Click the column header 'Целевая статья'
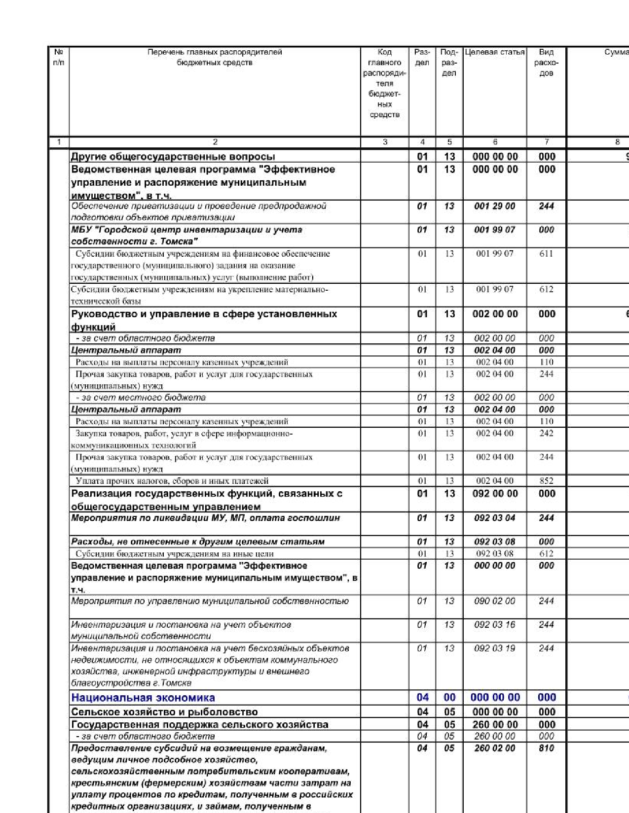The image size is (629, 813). [x=495, y=52]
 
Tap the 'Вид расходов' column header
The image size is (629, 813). [x=546, y=63]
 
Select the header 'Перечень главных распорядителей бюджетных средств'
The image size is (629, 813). [x=215, y=57]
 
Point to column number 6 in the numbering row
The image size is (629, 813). [x=495, y=142]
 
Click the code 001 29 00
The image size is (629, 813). [x=495, y=206]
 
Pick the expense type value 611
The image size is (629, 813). [x=546, y=254]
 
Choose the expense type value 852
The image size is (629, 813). [x=546, y=481]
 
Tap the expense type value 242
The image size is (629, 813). [x=546, y=434]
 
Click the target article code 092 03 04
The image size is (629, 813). [x=495, y=518]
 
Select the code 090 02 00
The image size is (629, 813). [x=495, y=601]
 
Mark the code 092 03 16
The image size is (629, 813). [x=495, y=625]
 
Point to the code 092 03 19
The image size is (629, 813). [x=495, y=648]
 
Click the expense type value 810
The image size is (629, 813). [x=546, y=748]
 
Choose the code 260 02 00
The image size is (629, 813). [x=495, y=748]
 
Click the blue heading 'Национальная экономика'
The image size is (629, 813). [x=143, y=698]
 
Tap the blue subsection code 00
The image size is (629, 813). [x=449, y=698]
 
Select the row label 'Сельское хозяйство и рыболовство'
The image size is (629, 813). [x=164, y=712]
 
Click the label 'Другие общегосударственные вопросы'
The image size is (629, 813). [x=173, y=157]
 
